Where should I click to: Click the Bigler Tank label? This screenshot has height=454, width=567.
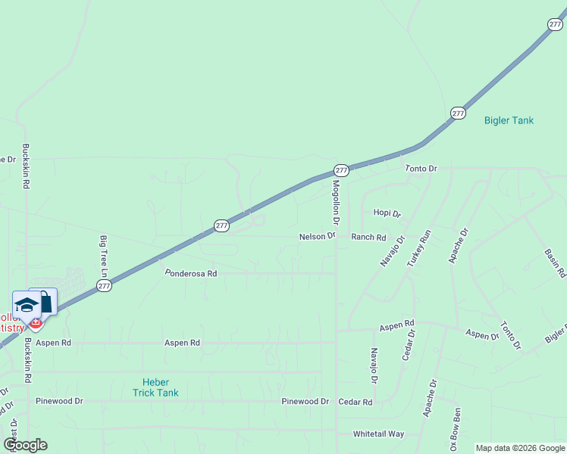coord(509,120)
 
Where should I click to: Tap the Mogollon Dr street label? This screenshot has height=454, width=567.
coord(335,201)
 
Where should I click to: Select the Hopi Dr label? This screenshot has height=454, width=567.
coord(387,214)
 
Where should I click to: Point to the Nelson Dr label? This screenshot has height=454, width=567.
coord(317,237)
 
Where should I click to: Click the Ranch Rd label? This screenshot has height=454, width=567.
coord(368,237)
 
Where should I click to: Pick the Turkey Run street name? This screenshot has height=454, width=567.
coord(418,247)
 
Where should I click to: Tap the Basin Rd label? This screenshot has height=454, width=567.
coord(556,262)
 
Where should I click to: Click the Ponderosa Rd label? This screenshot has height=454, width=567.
coord(191,273)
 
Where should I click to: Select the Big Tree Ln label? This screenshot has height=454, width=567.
coord(104,255)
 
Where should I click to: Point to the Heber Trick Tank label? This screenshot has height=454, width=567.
coord(155,387)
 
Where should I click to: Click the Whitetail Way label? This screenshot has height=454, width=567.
coord(379,434)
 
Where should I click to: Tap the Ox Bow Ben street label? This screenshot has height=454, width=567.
coord(455,430)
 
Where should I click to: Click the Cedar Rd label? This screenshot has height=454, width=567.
coord(356,403)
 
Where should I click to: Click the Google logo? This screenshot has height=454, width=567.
coord(25,445)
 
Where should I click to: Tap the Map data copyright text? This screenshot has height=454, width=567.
coord(519,448)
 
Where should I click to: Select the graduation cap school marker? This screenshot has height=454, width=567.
coord(27,305)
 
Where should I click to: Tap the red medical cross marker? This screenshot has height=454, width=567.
coord(35,323)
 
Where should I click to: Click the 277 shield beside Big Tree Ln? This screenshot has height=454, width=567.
coord(105,285)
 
